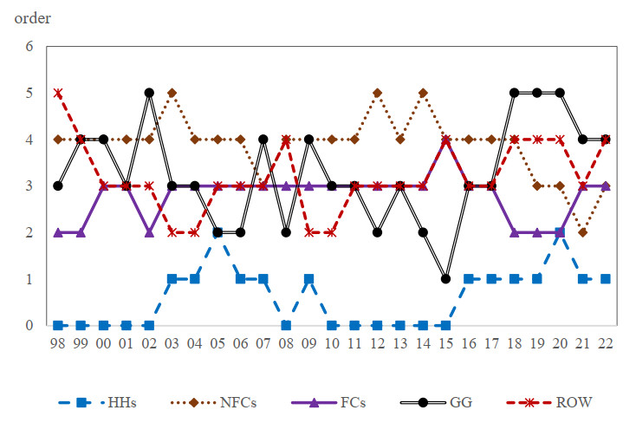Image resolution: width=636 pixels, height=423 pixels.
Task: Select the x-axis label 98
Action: tap(58, 343)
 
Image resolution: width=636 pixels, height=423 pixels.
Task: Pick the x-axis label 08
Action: tap(285, 343)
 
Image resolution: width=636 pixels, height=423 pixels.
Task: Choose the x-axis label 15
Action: tap(445, 343)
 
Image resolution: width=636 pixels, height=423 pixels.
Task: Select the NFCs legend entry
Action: tap(217, 402)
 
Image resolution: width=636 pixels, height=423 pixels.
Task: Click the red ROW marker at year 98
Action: tap(58, 93)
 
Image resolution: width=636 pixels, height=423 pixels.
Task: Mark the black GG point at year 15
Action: tap(445, 279)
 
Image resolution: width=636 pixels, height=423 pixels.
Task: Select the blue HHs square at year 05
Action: tap(217, 232)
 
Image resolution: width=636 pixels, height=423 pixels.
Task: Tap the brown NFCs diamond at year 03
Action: tap(172, 93)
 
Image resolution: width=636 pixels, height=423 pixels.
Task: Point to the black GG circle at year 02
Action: tap(149, 93)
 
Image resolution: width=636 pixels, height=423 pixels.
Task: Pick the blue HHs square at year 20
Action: tap(559, 232)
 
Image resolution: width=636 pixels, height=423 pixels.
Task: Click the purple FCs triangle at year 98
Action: tap(58, 232)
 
